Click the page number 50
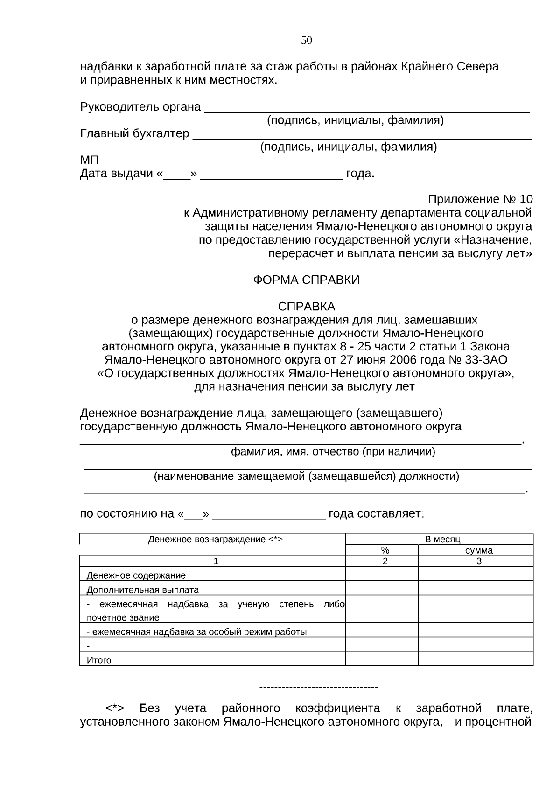coord(306,41)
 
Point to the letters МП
coord(90,160)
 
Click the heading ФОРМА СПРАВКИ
coord(306,280)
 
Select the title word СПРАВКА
coord(306,307)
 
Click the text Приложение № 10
coord(480,199)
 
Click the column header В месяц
coord(442,540)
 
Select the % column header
coord(385,550)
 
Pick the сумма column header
coord(479,550)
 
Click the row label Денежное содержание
coord(136,575)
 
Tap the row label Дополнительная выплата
coord(143,589)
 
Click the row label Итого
coord(99,660)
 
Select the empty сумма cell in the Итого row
coord(475,659)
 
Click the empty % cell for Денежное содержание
coord(381,574)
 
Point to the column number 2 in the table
coord(385,561)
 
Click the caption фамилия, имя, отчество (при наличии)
coord(333,452)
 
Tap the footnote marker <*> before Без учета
coord(115,708)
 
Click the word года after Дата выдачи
coord(360,174)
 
